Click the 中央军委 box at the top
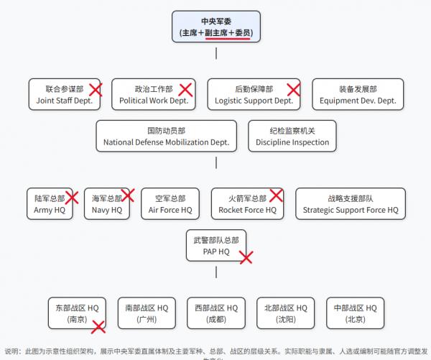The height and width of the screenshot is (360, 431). [x=216, y=27]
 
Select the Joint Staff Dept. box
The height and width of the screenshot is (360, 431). [x=64, y=95]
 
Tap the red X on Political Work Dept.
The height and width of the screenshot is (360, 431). [x=185, y=90]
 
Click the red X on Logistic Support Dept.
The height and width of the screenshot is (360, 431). [x=293, y=90]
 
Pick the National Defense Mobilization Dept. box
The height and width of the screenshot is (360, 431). [x=166, y=137]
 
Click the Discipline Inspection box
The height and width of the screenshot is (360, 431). [x=292, y=137]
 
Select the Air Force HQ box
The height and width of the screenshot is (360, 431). [x=170, y=204]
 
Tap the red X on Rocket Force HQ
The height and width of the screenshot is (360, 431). [x=276, y=195]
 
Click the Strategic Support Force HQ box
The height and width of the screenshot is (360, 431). [x=350, y=204]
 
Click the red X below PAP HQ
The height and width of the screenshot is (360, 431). [x=246, y=257]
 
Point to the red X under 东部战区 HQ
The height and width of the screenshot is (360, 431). [x=98, y=326]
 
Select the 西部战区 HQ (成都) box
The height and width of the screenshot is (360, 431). [x=215, y=313]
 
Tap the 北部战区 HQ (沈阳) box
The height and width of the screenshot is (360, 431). [x=285, y=313]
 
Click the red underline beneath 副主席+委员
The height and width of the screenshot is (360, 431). [x=228, y=40]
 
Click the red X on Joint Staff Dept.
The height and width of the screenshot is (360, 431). [x=95, y=90]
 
